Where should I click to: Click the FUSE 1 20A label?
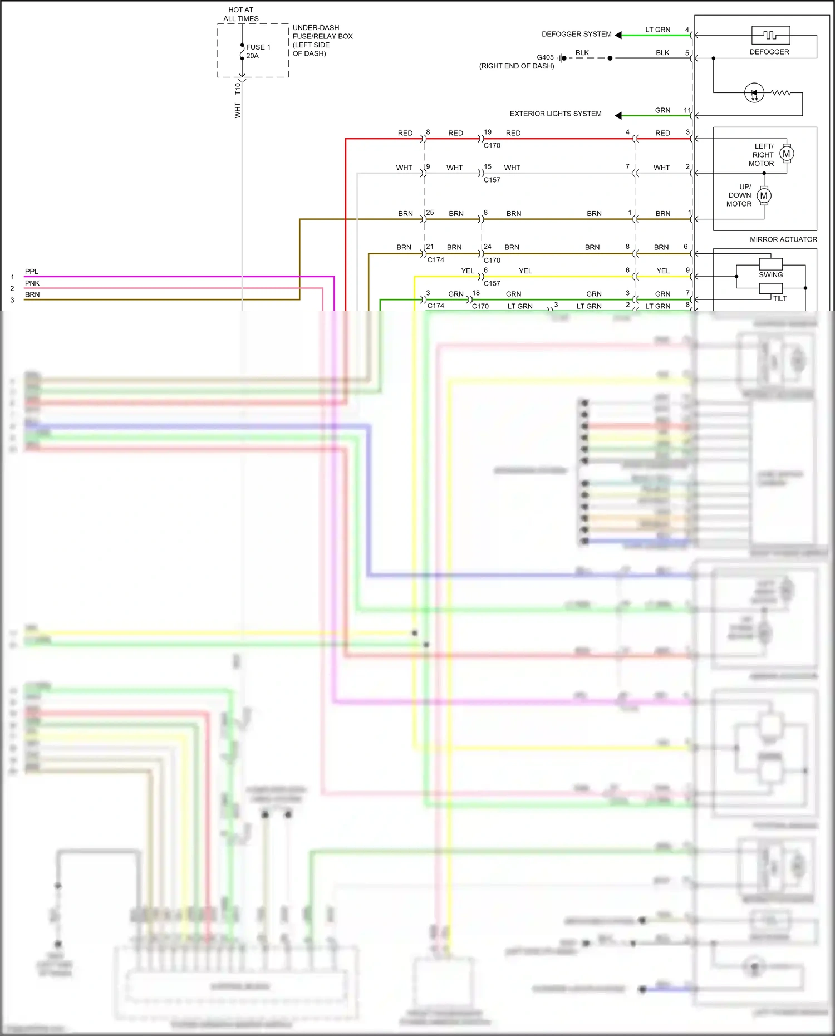coord(258,51)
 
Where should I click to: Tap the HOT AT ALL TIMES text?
coord(240,14)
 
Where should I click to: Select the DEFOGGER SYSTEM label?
coord(576,34)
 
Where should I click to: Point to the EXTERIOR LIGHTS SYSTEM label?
coord(555,114)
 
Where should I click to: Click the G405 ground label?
coord(545,57)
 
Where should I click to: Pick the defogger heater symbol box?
coord(770,35)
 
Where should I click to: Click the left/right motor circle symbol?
coord(786,154)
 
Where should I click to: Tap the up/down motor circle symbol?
coord(764,195)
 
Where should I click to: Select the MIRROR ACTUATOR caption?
coord(783,239)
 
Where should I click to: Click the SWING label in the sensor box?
coord(770,274)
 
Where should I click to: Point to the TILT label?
coord(780,298)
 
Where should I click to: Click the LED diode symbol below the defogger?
coord(754,92)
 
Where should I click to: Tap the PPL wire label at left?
coord(31,272)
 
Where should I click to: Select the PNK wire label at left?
coord(32,283)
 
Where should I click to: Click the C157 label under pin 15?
coord(492,180)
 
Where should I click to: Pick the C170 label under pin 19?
coord(492,145)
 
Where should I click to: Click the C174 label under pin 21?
coord(435,260)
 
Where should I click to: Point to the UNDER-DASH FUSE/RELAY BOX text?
coord(322,40)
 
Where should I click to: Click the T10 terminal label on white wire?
coord(238,89)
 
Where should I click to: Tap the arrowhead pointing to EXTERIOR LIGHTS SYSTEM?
coord(618,115)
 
